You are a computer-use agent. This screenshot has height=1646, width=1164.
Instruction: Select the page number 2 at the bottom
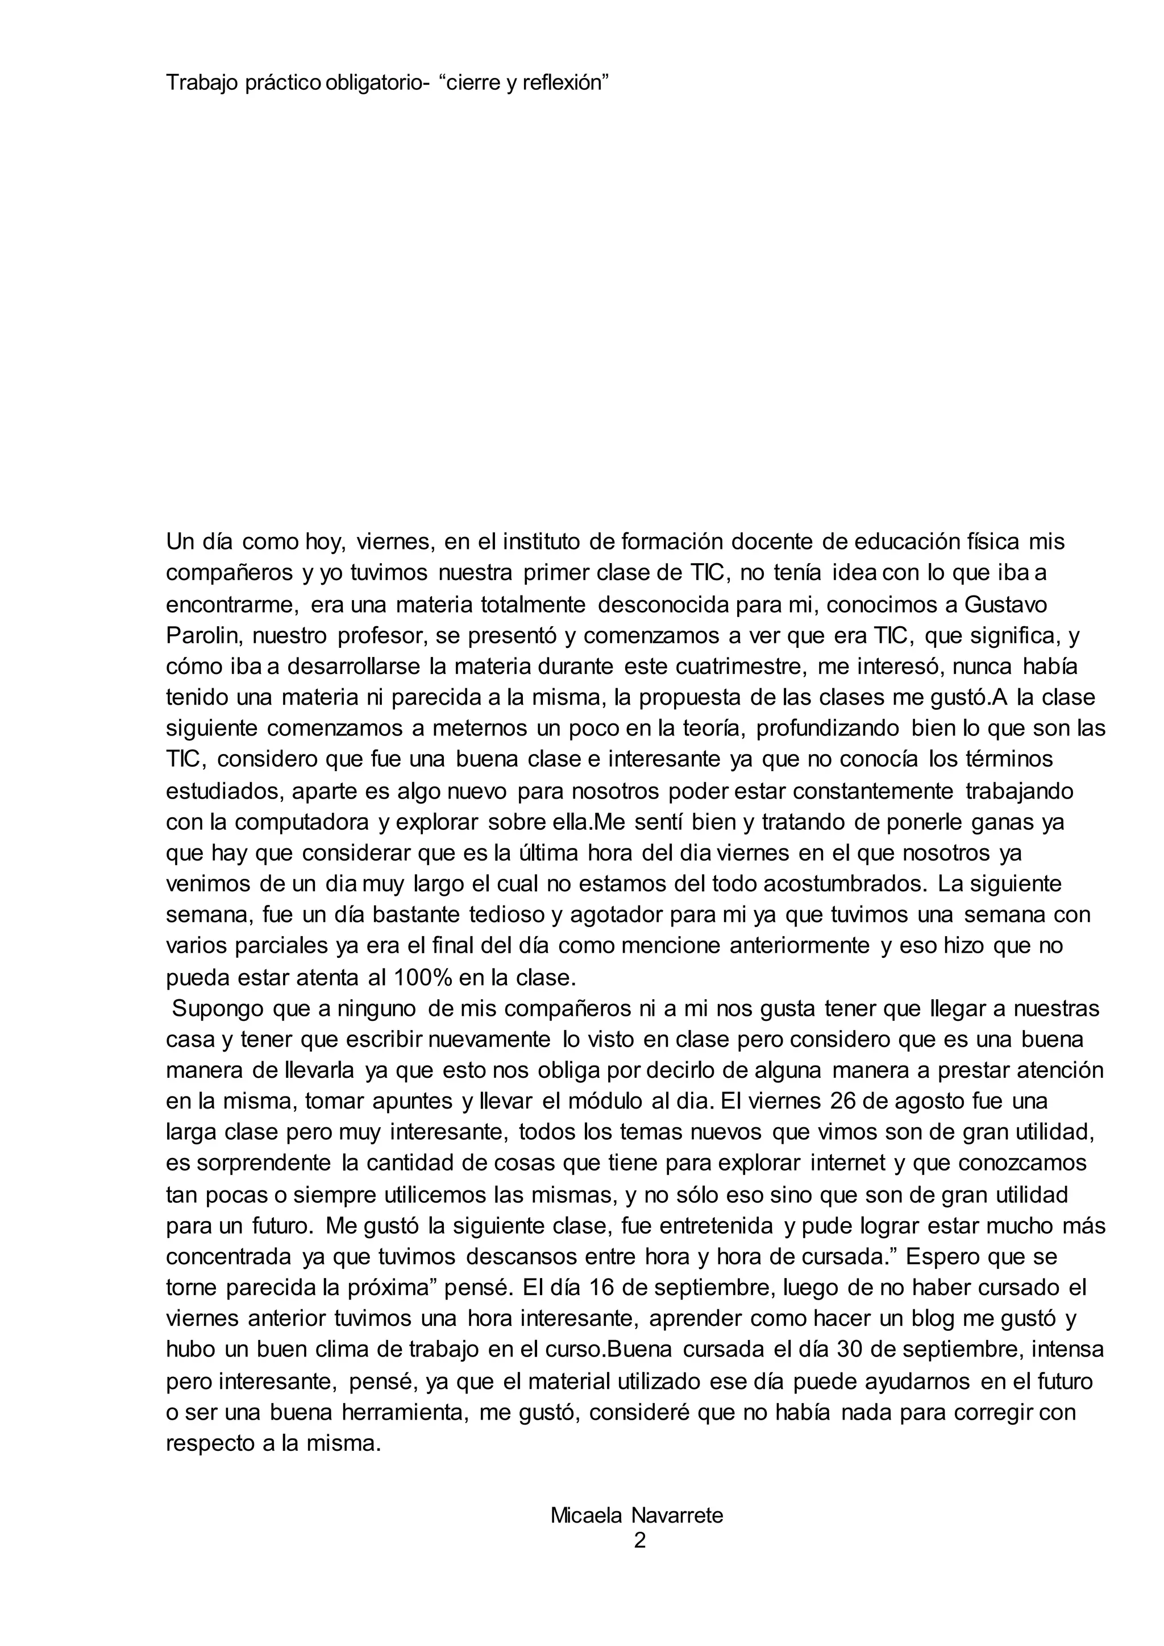pyautogui.click(x=640, y=1540)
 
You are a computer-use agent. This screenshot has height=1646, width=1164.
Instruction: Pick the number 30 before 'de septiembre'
pyautogui.click(x=851, y=1349)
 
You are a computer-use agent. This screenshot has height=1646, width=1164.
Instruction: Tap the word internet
pyautogui.click(x=848, y=1163)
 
